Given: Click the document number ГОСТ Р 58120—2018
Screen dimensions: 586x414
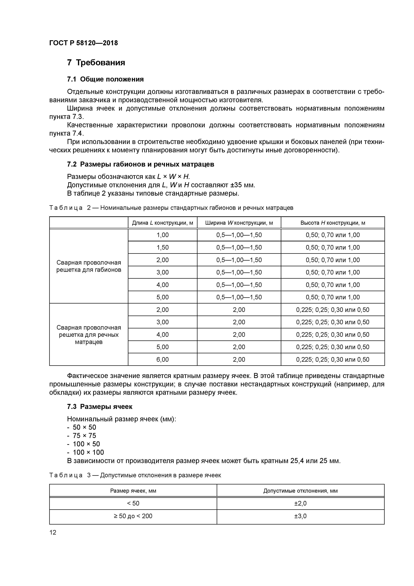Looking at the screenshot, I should click(x=83, y=43).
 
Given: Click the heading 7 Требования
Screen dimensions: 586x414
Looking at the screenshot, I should click(x=96, y=62).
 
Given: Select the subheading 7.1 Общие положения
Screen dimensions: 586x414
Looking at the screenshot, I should click(x=105, y=79).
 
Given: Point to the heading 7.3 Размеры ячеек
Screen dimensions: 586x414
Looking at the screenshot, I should click(x=99, y=407).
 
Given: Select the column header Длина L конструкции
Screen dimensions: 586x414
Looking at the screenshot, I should click(x=162, y=223).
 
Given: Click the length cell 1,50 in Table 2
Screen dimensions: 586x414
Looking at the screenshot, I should click(x=162, y=247).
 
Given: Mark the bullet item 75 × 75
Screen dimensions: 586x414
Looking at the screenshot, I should click(x=84, y=436).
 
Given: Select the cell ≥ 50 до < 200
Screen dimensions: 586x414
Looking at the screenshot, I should click(x=133, y=516).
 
